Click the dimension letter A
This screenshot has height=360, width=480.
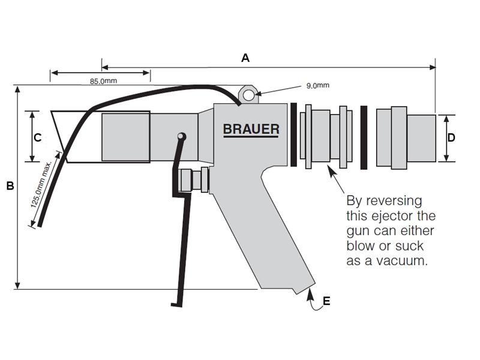point(245,58)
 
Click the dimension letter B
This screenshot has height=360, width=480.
point(10,186)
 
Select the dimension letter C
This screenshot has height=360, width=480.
point(37,137)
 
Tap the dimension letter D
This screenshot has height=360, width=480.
point(451,137)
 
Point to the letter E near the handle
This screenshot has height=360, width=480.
point(326,301)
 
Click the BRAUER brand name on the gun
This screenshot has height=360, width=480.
point(251,129)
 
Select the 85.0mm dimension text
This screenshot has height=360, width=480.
point(103,81)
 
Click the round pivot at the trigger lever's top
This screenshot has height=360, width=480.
point(181,137)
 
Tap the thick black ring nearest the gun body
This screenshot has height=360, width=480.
point(293,134)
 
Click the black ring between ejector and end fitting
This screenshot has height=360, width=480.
point(364,137)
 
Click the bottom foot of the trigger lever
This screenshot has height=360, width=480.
point(176,305)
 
